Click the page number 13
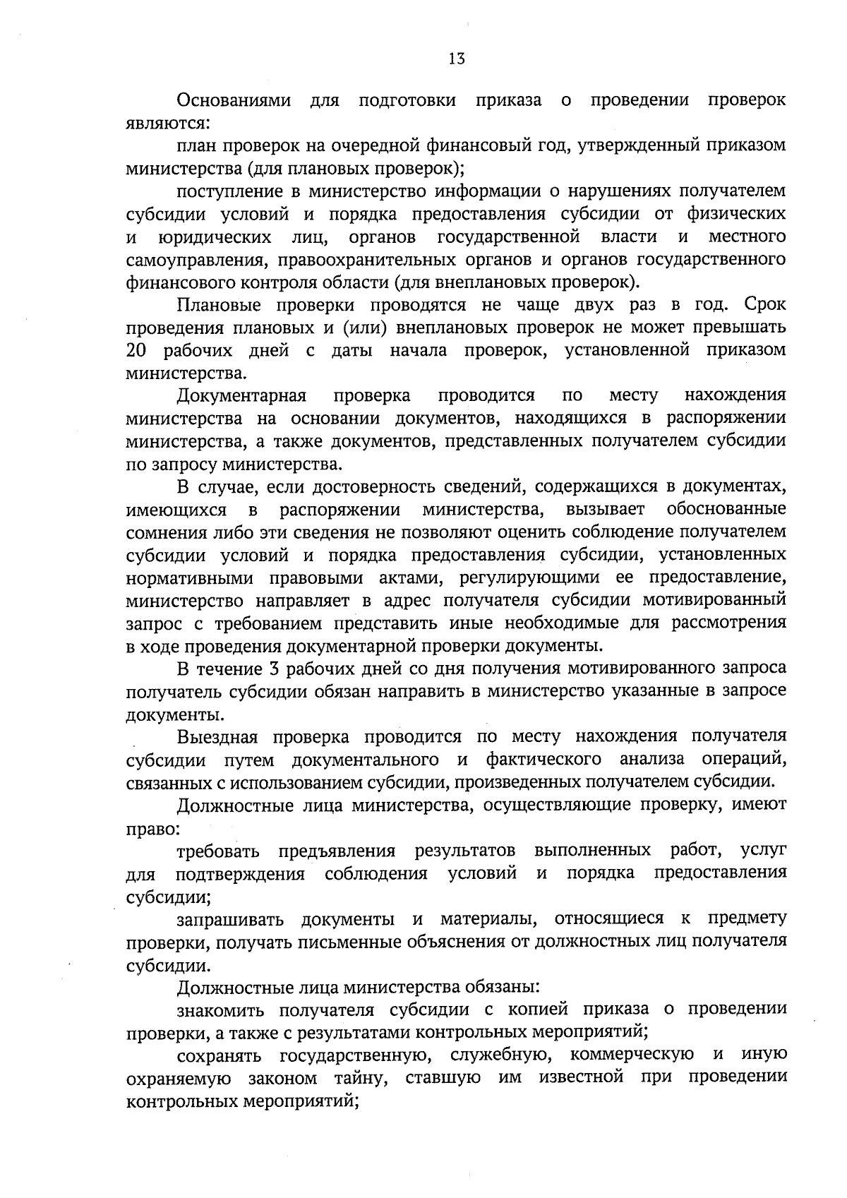tap(457, 59)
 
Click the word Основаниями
tap(234, 100)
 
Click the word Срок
tap(765, 305)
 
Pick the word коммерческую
tap(631, 1055)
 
